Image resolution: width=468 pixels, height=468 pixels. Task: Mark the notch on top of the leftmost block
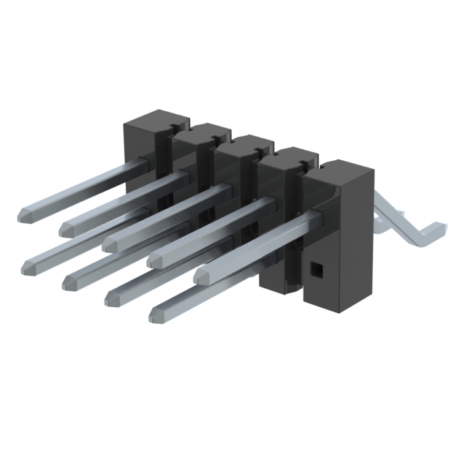click(x=174, y=125)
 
